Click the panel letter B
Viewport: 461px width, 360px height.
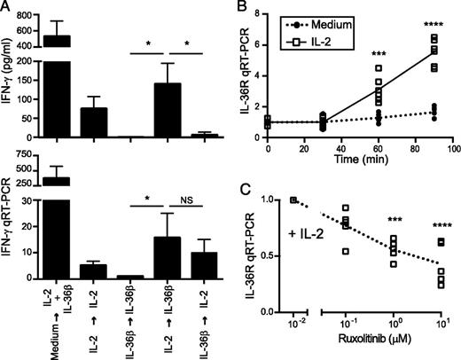click(x=240, y=8)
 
